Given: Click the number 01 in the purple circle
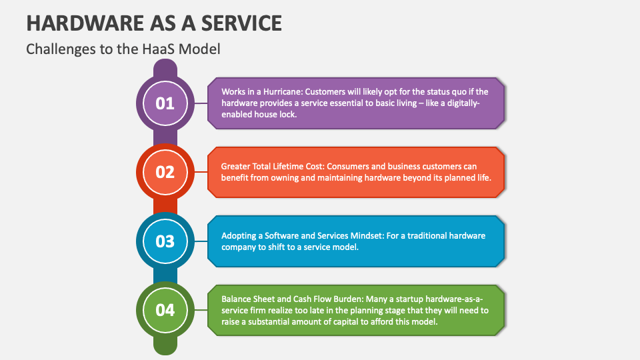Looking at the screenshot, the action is pyautogui.click(x=165, y=103).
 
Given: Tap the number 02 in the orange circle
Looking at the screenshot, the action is pyautogui.click(x=165, y=172).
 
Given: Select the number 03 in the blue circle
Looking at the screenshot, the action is pyautogui.click(x=165, y=241).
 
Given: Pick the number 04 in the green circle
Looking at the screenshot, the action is pyautogui.click(x=165, y=310).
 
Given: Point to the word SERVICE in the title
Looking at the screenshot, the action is pyautogui.click(x=241, y=23).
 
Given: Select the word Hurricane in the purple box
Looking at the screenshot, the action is pyautogui.click(x=283, y=91).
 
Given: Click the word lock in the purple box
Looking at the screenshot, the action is pyautogui.click(x=287, y=114).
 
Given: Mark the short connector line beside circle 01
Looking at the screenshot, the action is pyautogui.click(x=201, y=103).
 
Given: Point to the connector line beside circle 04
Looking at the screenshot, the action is pyautogui.click(x=201, y=310).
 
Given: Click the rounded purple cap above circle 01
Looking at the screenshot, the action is pyautogui.click(x=165, y=67).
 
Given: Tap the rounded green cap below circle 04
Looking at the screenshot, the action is pyautogui.click(x=165, y=345).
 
